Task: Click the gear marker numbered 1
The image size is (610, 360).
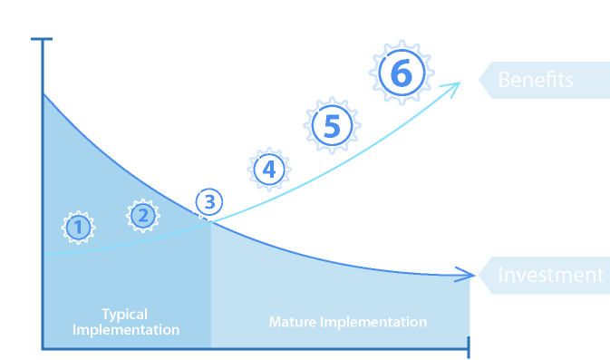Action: pyautogui.click(x=78, y=228)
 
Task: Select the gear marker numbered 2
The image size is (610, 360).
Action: pyautogui.click(x=143, y=216)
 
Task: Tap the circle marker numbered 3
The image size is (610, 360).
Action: pyautogui.click(x=209, y=202)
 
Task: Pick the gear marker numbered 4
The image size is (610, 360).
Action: pyautogui.click(x=269, y=170)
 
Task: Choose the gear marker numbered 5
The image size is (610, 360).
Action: pyautogui.click(x=332, y=125)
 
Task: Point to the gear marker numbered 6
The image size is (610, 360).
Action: pyautogui.click(x=402, y=73)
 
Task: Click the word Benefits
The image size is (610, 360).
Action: pyautogui.click(x=536, y=80)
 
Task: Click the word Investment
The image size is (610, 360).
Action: pyautogui.click(x=551, y=275)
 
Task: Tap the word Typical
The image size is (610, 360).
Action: pyautogui.click(x=125, y=315)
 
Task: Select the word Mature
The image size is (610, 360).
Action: pyautogui.click(x=293, y=322)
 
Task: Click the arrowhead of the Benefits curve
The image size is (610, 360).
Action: pyautogui.click(x=456, y=86)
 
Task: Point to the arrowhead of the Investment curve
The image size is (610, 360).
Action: pyautogui.click(x=470, y=275)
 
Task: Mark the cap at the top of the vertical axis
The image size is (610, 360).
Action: pyautogui.click(x=42, y=39)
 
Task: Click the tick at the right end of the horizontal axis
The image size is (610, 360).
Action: pyautogui.click(x=469, y=347)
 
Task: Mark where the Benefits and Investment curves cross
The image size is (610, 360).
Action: pyautogui.click(x=211, y=222)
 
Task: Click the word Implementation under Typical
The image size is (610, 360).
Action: pyautogui.click(x=126, y=330)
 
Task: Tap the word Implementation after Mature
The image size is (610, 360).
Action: pyautogui.click(x=373, y=322)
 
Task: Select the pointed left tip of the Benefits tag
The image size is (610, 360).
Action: pyautogui.click(x=479, y=80)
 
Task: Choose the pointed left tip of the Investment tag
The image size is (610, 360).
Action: pyautogui.click(x=479, y=275)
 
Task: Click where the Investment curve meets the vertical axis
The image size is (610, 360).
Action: pyautogui.click(x=43, y=93)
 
